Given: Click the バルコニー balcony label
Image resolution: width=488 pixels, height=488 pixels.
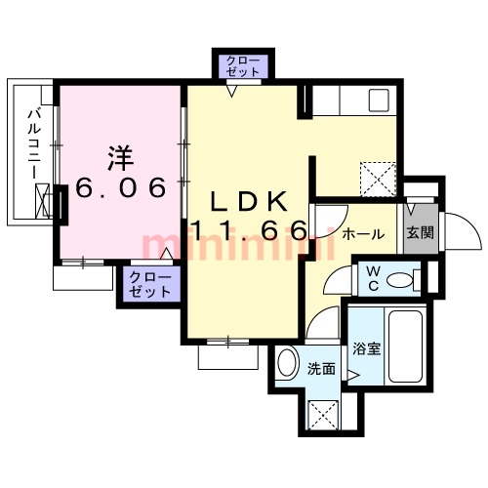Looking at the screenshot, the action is (34, 144).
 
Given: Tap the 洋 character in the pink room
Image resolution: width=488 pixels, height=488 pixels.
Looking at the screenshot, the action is (120, 158).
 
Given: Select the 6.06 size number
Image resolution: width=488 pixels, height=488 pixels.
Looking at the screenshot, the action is (121, 187).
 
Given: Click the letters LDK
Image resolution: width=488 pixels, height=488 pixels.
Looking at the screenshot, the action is (249, 201).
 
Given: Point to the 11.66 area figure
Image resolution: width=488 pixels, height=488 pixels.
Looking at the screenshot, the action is (250, 230).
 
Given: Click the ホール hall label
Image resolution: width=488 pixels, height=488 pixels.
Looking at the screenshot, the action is (363, 234).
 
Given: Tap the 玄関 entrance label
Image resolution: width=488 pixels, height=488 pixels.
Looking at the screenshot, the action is (421, 232).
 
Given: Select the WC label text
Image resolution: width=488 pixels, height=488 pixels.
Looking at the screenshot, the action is (374, 278).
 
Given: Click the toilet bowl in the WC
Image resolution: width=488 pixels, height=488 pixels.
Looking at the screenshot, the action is (400, 280).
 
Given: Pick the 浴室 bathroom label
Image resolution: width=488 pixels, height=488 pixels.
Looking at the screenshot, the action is (367, 349).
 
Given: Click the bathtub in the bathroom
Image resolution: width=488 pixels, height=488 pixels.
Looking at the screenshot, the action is (406, 346).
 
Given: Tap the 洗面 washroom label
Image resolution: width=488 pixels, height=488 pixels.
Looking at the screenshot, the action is (321, 369).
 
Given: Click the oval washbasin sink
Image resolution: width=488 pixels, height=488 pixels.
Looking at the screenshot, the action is (288, 363).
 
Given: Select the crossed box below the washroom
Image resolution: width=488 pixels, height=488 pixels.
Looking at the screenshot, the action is (323, 416).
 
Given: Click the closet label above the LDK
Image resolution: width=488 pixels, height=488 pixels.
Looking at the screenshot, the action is (243, 66).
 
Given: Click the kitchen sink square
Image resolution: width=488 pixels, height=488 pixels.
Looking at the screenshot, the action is (379, 101).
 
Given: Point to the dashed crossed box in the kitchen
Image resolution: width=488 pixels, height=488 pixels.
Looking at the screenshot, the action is (378, 180).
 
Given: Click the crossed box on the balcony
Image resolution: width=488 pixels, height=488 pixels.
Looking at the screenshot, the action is (42, 201).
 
